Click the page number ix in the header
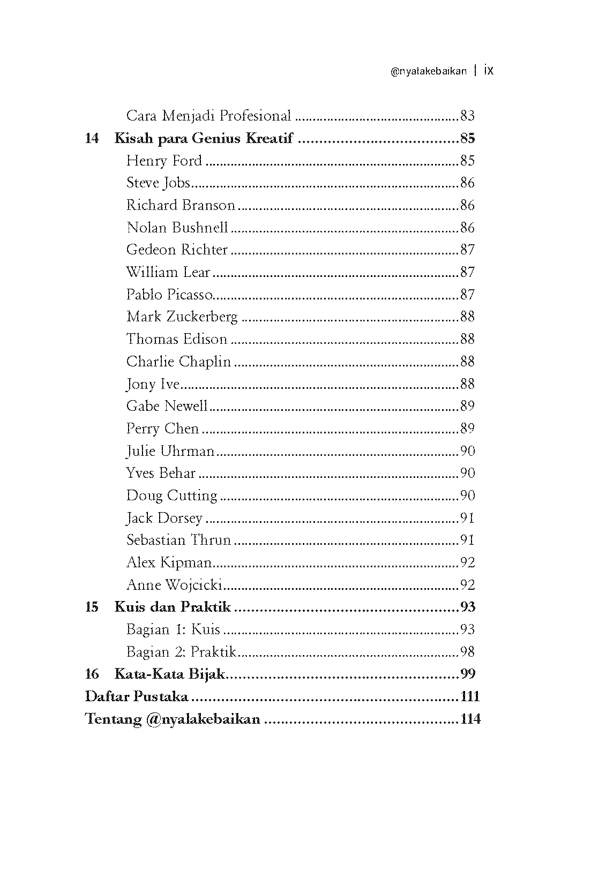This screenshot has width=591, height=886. (488, 71)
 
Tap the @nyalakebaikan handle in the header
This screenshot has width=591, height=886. (429, 71)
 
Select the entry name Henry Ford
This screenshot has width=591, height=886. (164, 161)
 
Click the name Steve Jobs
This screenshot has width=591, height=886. (158, 183)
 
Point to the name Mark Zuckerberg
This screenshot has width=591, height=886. (182, 317)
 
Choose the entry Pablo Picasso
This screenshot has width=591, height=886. (169, 295)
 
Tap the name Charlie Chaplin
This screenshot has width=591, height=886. (178, 362)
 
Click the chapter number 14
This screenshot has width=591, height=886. (92, 139)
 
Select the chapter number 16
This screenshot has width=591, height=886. (92, 674)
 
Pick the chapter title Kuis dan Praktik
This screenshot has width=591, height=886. (173, 607)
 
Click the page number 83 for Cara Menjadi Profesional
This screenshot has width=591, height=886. (467, 116)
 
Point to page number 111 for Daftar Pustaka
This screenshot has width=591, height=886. (470, 696)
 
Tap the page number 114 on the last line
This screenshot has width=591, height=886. (470, 719)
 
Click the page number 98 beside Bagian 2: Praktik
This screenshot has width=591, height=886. (467, 652)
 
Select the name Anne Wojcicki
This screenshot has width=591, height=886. (174, 585)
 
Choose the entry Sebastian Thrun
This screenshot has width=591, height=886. (178, 540)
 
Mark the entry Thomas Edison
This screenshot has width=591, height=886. (177, 339)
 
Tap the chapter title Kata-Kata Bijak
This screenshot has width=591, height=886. (169, 674)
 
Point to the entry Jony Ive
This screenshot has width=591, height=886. (153, 384)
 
